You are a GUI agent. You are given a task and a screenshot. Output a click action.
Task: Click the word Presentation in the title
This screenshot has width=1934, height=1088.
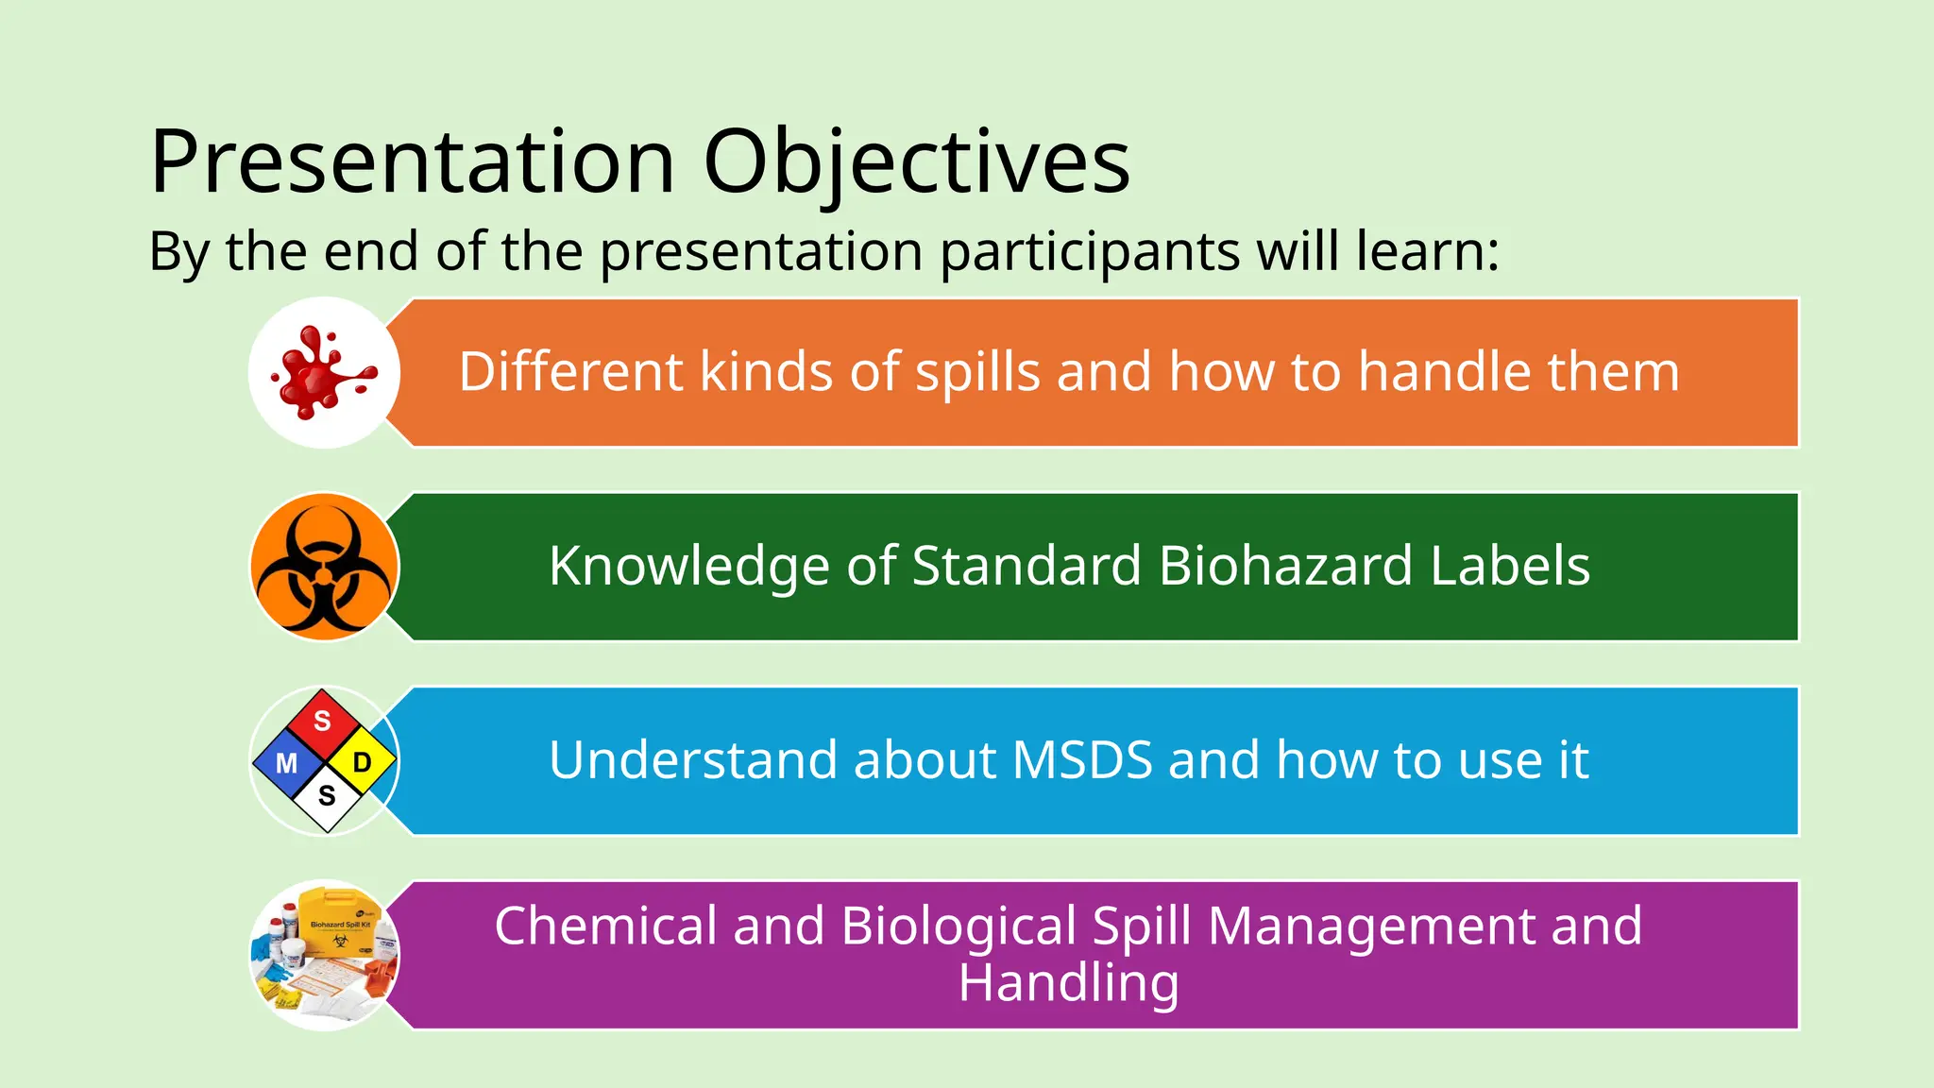[x=413, y=162]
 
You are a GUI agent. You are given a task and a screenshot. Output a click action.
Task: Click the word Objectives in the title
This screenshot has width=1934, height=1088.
[x=916, y=162]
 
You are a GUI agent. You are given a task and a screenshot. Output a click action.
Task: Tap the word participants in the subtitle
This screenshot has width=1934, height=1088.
[x=1090, y=252]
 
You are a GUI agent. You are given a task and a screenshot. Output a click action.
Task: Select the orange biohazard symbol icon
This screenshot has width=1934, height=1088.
[x=324, y=568]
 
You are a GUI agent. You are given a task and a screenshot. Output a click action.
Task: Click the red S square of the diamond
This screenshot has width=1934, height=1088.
[x=323, y=722]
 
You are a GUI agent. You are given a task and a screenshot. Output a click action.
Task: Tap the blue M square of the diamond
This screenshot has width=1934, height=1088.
[x=286, y=762]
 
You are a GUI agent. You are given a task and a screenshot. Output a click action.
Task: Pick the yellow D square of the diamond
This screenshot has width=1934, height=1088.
[x=362, y=762]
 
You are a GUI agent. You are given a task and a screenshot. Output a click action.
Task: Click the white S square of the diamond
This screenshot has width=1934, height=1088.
[x=327, y=796]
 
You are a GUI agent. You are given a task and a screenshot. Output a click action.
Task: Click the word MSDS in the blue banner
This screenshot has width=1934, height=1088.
[x=1082, y=761]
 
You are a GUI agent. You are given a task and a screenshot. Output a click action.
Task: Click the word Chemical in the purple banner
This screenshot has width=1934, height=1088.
[x=604, y=926]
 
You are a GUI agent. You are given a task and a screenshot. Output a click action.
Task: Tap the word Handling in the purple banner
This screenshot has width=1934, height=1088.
[x=1068, y=984]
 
